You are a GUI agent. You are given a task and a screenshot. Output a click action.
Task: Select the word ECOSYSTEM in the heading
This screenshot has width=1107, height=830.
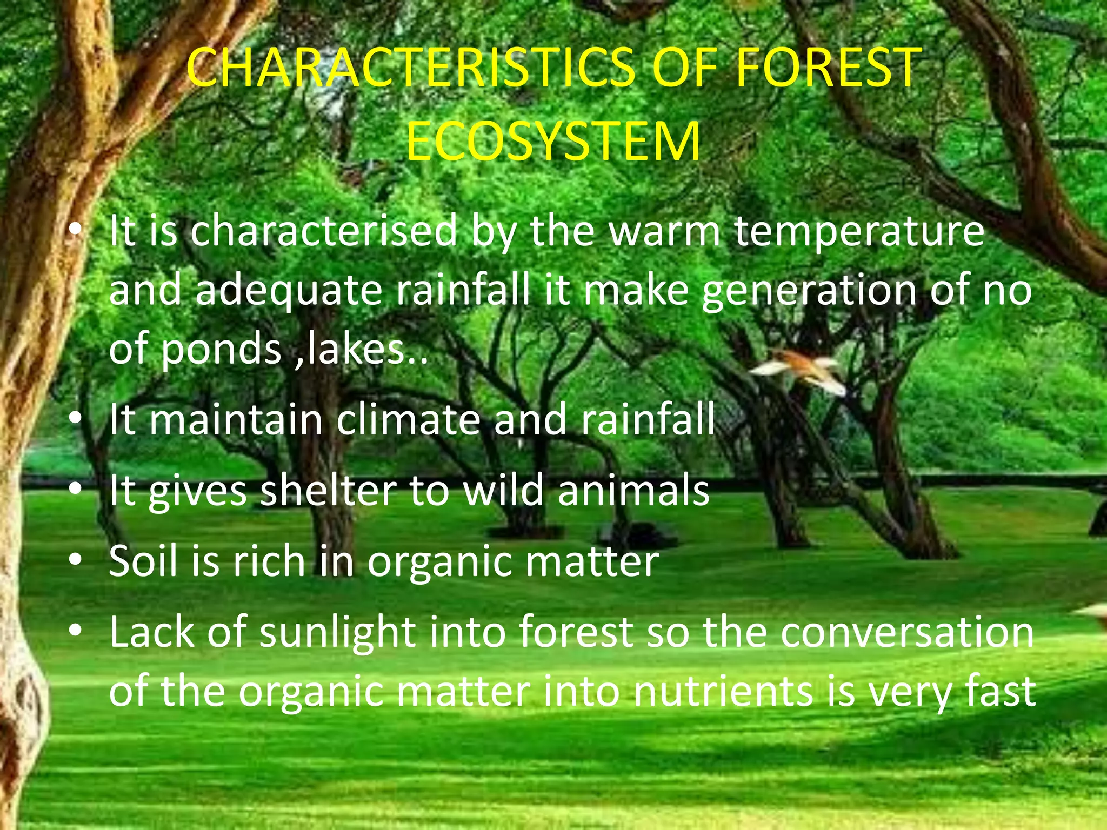click(x=553, y=142)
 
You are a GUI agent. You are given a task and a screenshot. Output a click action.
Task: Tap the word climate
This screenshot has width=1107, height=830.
click(x=408, y=420)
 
